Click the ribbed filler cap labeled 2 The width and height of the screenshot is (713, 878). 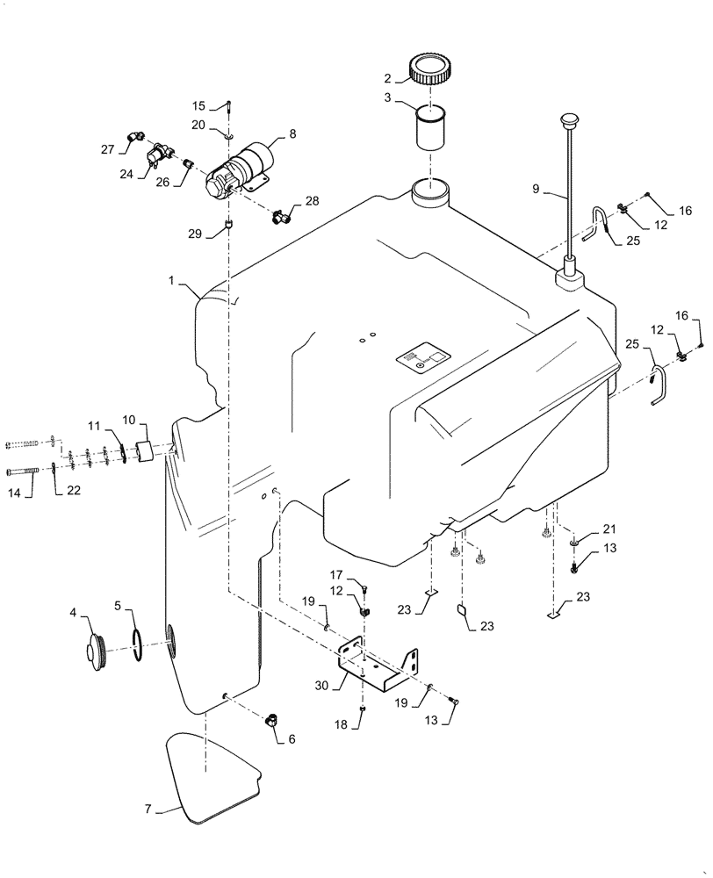point(432,69)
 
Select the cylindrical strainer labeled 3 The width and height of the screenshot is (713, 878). point(432,131)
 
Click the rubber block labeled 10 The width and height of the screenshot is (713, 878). point(146,450)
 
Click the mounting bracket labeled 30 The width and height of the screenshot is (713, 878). point(380,671)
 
